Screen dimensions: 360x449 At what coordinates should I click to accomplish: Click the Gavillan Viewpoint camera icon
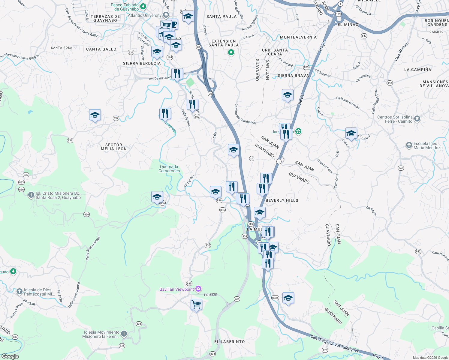click(x=198, y=289)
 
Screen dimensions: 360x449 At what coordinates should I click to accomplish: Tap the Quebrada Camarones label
click(x=169, y=169)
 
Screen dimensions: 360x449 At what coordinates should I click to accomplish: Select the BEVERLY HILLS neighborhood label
click(x=282, y=200)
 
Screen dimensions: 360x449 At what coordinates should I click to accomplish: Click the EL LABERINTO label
click(x=230, y=342)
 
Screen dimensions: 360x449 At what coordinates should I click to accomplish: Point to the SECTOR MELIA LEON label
click(x=114, y=147)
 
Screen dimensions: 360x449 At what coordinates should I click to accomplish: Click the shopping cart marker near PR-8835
click(x=196, y=304)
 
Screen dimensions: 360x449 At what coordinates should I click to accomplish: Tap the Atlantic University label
click(x=145, y=15)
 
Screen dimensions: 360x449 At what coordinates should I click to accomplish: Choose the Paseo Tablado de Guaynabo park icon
click(x=143, y=6)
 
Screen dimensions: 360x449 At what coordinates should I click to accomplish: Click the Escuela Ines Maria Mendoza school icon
click(x=409, y=145)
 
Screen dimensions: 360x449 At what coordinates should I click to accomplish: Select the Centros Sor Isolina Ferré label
click(x=395, y=119)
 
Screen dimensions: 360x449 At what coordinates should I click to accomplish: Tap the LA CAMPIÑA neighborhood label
click(x=417, y=70)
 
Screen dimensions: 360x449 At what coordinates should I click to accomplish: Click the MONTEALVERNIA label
click(x=298, y=37)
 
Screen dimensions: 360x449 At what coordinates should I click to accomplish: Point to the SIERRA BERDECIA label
click(x=142, y=63)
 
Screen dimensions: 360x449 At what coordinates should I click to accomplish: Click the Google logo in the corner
click(x=10, y=356)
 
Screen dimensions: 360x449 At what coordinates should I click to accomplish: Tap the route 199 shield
click(x=339, y=14)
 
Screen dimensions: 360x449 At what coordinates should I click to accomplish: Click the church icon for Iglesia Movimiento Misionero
click(x=124, y=334)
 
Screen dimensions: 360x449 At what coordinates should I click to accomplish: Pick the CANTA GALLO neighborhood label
click(x=101, y=49)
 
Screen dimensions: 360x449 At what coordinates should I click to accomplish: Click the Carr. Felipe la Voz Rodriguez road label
click(x=335, y=344)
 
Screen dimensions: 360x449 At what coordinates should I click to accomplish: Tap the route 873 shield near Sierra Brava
click(x=306, y=67)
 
